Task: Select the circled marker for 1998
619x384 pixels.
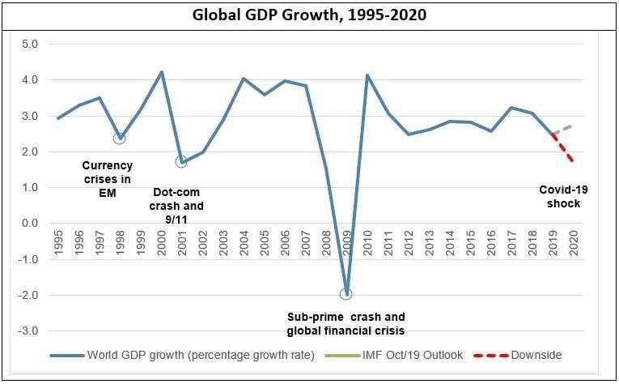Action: [x=120, y=138]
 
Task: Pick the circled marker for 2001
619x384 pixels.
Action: [x=181, y=161]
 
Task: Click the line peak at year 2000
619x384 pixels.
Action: [x=161, y=72]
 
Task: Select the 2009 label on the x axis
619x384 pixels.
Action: [x=347, y=243]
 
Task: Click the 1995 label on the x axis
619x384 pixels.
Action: [x=57, y=243]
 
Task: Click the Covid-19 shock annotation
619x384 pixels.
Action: [x=560, y=196]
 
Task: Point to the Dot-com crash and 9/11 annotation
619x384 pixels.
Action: [x=178, y=207]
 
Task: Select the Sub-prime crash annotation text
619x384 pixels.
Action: [x=346, y=323]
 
